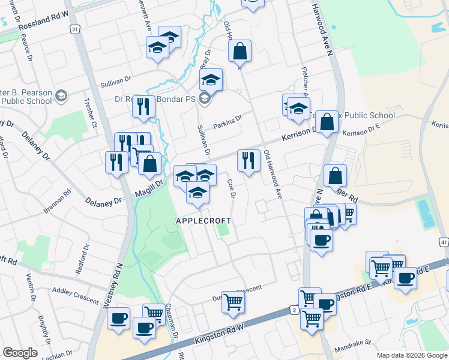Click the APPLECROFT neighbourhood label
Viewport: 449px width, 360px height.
(203, 221)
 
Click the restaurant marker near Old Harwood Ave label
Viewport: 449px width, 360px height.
(249, 160)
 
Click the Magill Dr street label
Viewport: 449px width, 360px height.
(149, 187)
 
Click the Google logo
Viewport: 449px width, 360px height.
(20, 353)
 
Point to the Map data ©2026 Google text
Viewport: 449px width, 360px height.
(411, 355)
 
